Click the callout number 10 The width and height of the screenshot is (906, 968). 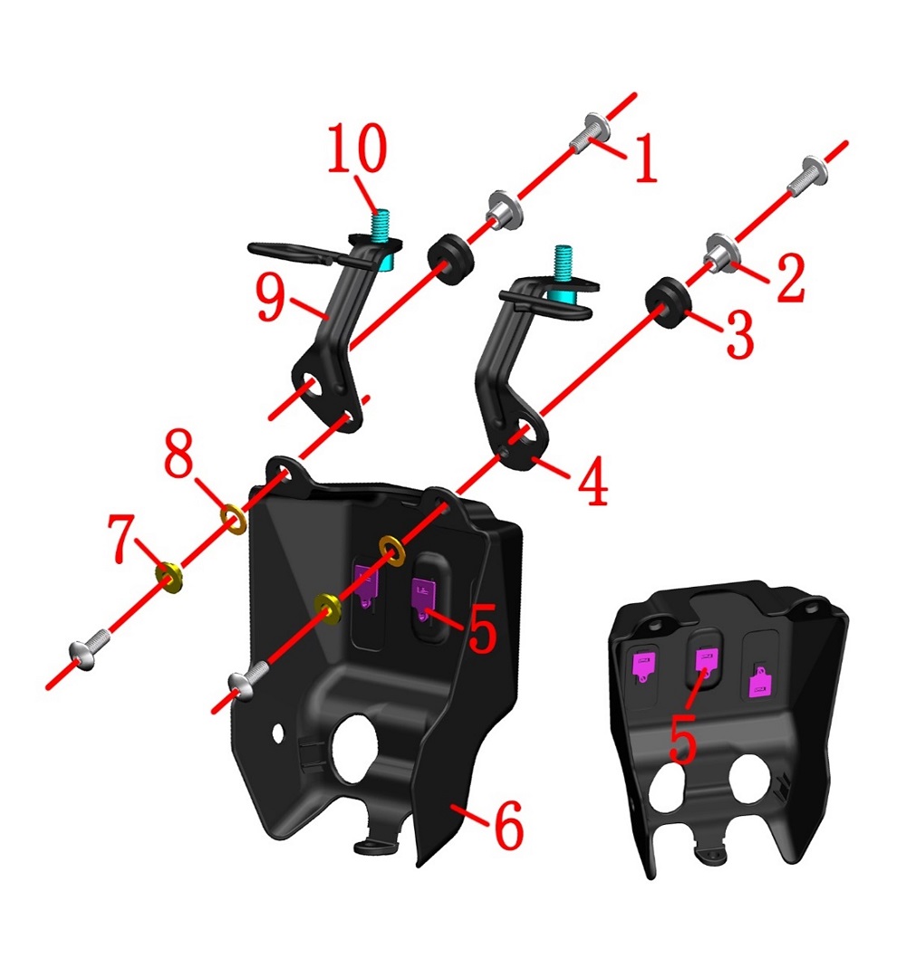[357, 149]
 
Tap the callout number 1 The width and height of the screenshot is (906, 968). [645, 159]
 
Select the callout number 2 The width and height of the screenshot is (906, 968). [791, 278]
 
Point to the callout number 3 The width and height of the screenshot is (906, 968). [740, 334]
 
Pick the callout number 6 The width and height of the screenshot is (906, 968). [509, 825]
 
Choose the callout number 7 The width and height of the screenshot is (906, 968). [121, 538]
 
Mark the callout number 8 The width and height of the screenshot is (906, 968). [178, 454]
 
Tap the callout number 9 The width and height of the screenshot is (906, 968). [271, 298]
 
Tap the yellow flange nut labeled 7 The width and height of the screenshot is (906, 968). [169, 578]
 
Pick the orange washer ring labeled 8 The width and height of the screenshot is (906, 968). [234, 519]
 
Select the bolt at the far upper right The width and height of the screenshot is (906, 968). [809, 175]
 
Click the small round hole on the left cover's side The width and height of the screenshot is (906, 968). [278, 734]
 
